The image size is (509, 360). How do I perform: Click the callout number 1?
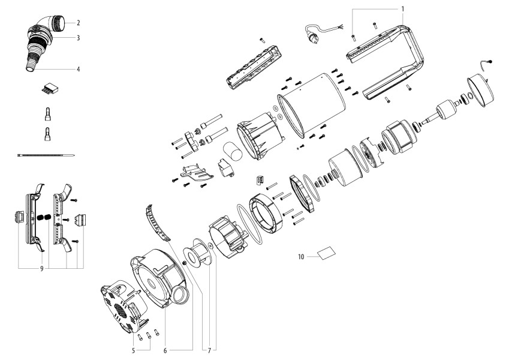403,9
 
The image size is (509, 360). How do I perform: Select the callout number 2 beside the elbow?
78,23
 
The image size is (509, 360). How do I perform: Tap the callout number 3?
78,38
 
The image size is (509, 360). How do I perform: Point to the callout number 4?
78,69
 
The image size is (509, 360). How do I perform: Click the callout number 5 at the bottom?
133,350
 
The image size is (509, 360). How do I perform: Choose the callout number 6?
165,350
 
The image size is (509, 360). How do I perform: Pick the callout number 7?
209,350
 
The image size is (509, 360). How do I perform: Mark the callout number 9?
42,269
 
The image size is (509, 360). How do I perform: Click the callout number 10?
301,257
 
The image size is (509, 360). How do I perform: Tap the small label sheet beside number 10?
326,253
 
